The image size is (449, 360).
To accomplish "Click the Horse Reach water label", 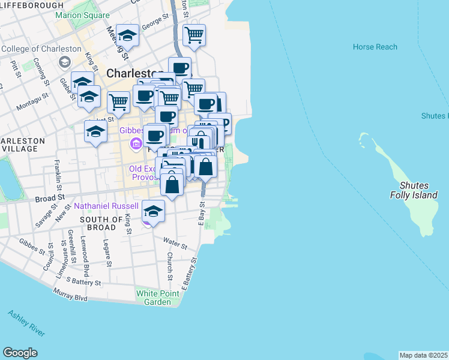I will (375, 47).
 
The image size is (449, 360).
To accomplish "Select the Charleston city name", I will (134, 73).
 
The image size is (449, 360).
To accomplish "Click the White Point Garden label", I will (157, 297).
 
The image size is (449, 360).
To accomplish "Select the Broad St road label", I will (50, 197).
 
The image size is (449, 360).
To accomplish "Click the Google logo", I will (20, 353).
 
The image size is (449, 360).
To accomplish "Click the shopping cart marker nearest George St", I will (194, 35).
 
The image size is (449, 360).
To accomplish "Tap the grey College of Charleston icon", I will (64, 62).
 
